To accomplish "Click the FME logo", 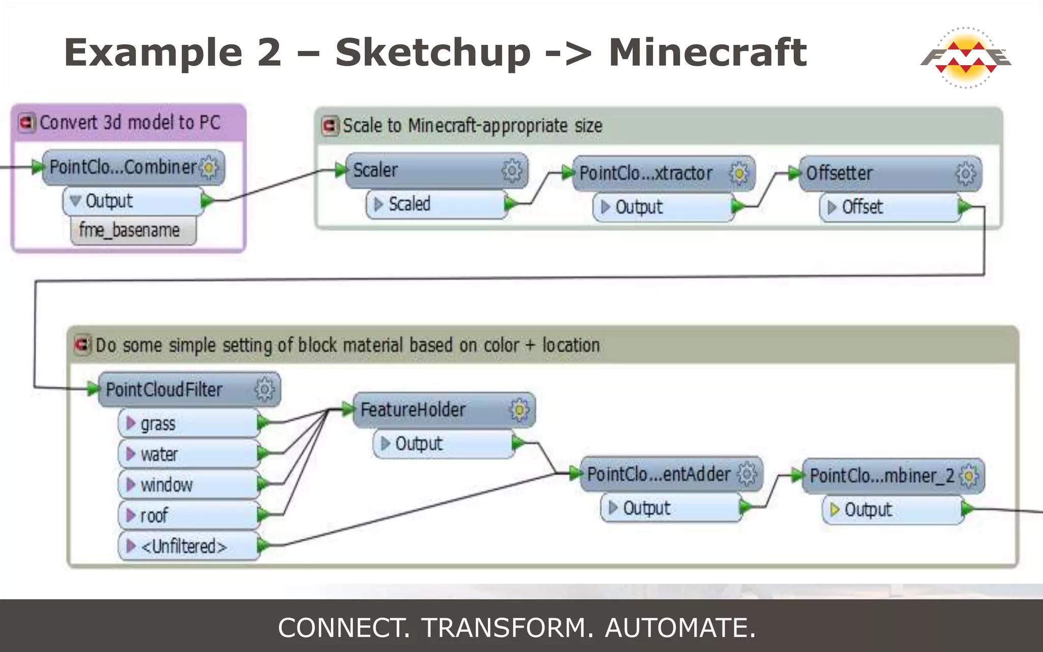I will pos(966,57).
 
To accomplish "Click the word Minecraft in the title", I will pos(707,52).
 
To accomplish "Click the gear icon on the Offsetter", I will pos(965,174).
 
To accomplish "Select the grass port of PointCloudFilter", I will pos(188,423).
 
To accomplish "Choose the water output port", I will pos(188,454).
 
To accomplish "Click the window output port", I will pos(188,484).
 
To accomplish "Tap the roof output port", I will pos(188,515).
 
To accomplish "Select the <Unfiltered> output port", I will pos(188,546).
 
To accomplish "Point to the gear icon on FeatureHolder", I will pos(519,410).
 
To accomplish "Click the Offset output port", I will pos(889,207).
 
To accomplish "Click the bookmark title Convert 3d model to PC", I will pos(130,123).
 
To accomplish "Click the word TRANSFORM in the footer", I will pos(507,628).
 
